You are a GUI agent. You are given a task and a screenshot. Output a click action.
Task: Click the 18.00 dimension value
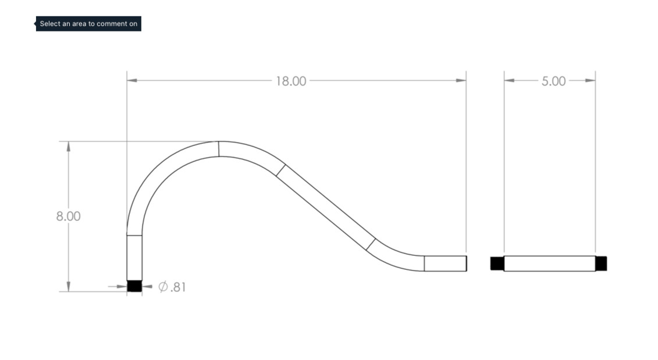click(291, 81)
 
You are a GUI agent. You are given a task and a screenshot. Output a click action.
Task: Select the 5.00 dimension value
click(553, 81)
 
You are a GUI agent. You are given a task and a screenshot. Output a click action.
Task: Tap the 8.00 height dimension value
click(69, 216)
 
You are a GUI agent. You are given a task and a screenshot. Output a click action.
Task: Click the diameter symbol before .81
click(163, 287)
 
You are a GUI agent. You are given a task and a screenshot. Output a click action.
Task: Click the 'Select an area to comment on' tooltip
click(88, 23)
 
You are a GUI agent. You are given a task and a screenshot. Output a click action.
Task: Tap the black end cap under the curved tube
click(134, 286)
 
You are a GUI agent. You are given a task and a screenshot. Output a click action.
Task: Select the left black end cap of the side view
click(497, 263)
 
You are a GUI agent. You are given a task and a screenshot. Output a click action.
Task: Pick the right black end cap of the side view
click(601, 263)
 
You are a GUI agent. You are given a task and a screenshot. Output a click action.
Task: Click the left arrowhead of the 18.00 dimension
click(131, 80)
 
